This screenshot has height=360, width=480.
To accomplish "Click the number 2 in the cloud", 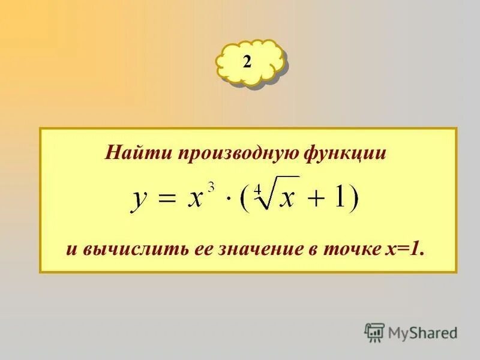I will [x=247, y=62].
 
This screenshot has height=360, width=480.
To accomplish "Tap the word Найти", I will [x=137, y=153].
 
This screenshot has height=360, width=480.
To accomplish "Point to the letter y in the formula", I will [x=139, y=199].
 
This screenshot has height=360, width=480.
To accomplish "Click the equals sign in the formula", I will [x=168, y=198].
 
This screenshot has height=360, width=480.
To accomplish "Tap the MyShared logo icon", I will [x=374, y=332].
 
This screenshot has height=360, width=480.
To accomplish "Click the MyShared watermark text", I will [x=423, y=332].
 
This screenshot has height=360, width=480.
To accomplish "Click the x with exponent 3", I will [x=195, y=198].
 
